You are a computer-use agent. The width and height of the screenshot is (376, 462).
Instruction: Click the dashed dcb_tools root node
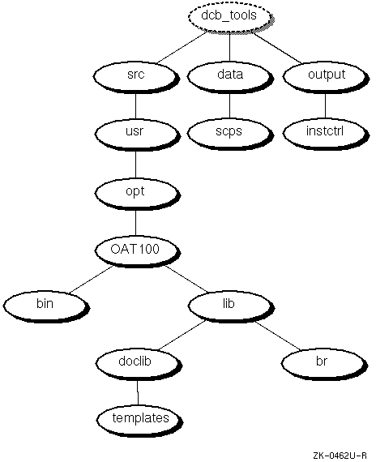pyautogui.click(x=230, y=17)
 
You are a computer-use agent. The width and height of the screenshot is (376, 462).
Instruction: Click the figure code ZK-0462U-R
pyautogui.click(x=340, y=456)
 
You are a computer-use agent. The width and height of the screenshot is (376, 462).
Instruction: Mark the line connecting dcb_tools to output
pyautogui.click(x=278, y=48)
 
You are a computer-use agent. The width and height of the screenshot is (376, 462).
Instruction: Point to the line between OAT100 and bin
pyautogui.click(x=91, y=280)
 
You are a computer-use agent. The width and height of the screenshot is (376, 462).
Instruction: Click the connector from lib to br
pyautogui.click(x=278, y=336)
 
